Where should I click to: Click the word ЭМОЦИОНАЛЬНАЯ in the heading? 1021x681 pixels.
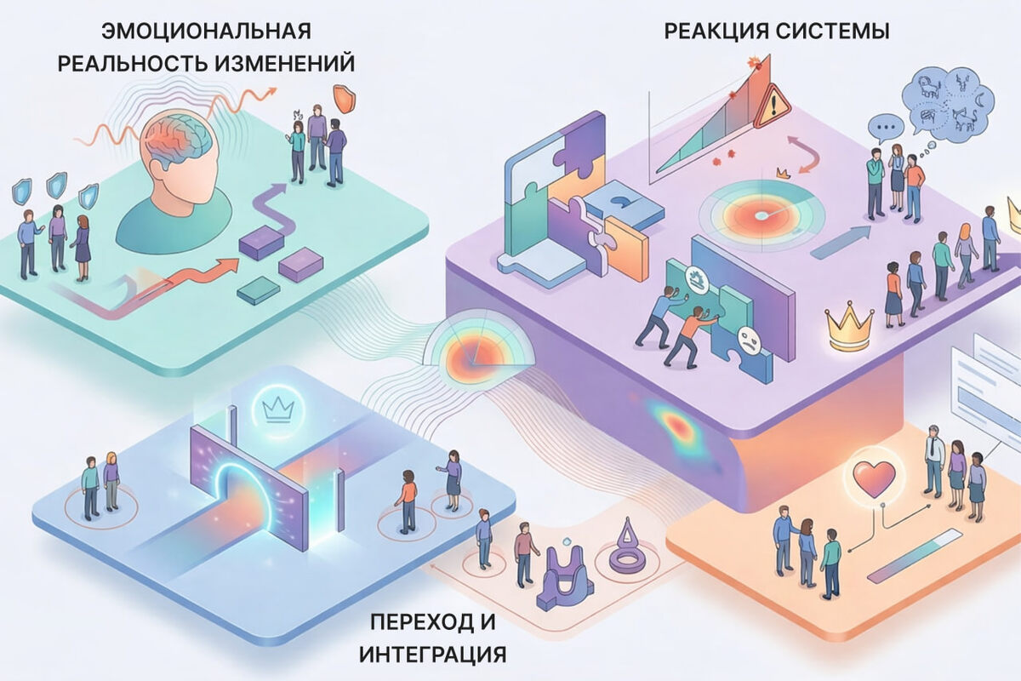pyautogui.click(x=206, y=32)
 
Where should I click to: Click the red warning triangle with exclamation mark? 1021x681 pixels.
pyautogui.click(x=772, y=106)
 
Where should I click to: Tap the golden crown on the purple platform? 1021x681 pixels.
pyautogui.click(x=849, y=329)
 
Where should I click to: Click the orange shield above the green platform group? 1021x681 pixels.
pyautogui.click(x=344, y=99)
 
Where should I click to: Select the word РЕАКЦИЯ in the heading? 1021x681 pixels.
pyautogui.click(x=713, y=32)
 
